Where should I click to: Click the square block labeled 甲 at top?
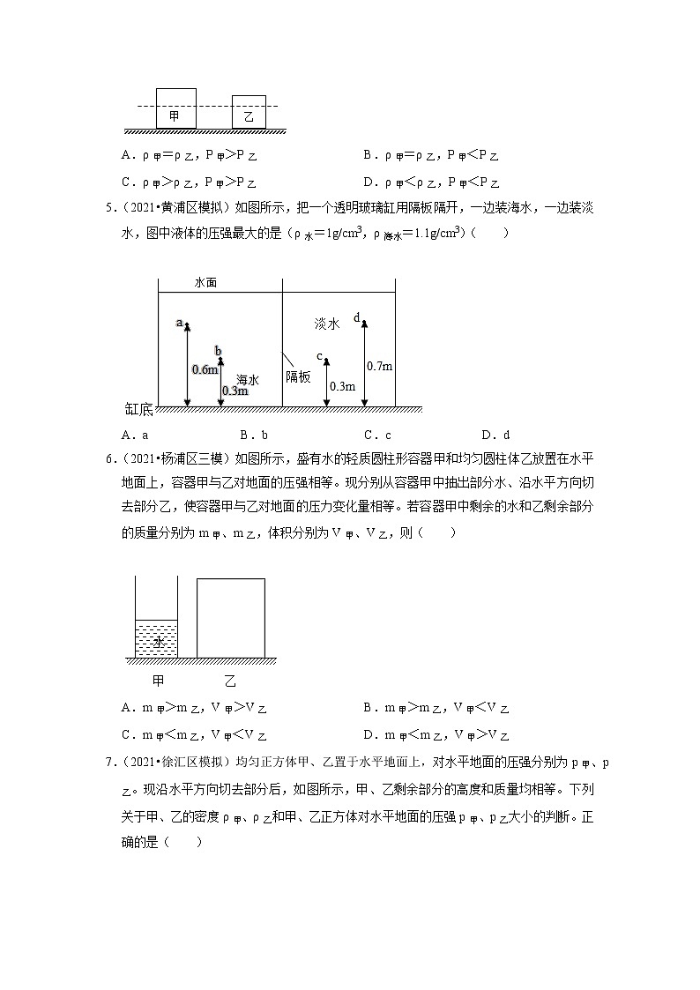tap(175, 108)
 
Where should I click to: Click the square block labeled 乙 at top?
tap(249, 112)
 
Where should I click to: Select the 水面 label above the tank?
tap(205, 284)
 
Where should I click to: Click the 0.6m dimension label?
tap(204, 369)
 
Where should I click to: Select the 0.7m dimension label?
tap(379, 366)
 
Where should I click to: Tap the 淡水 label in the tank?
tap(327, 324)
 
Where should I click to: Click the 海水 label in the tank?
tap(248, 380)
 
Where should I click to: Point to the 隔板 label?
tap(298, 376)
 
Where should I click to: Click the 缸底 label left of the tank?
tap(139, 408)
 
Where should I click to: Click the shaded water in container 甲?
tap(156, 639)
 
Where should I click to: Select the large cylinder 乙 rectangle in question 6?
tap(231, 617)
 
